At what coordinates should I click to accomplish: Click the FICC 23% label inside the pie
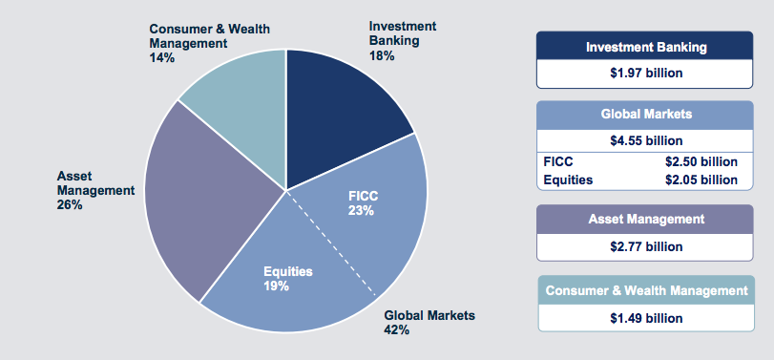click(x=363, y=203)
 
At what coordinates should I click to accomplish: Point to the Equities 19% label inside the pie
click(x=287, y=279)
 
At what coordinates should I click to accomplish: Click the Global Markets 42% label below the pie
click(x=429, y=323)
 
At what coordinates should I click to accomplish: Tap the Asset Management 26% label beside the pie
click(x=95, y=190)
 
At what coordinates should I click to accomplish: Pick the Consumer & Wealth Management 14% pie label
click(x=209, y=43)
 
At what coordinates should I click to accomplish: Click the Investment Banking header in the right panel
click(x=646, y=46)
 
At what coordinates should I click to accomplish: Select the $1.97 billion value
click(x=646, y=73)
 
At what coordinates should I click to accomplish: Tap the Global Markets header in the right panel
click(x=646, y=114)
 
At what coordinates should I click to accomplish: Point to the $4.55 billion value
click(x=646, y=140)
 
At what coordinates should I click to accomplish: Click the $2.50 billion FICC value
click(x=701, y=161)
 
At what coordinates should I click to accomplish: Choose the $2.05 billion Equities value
click(x=701, y=180)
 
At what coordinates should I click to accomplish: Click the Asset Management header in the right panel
click(x=646, y=220)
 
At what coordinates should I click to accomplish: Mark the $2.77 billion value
click(x=646, y=246)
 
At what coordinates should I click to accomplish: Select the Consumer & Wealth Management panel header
click(x=646, y=290)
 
